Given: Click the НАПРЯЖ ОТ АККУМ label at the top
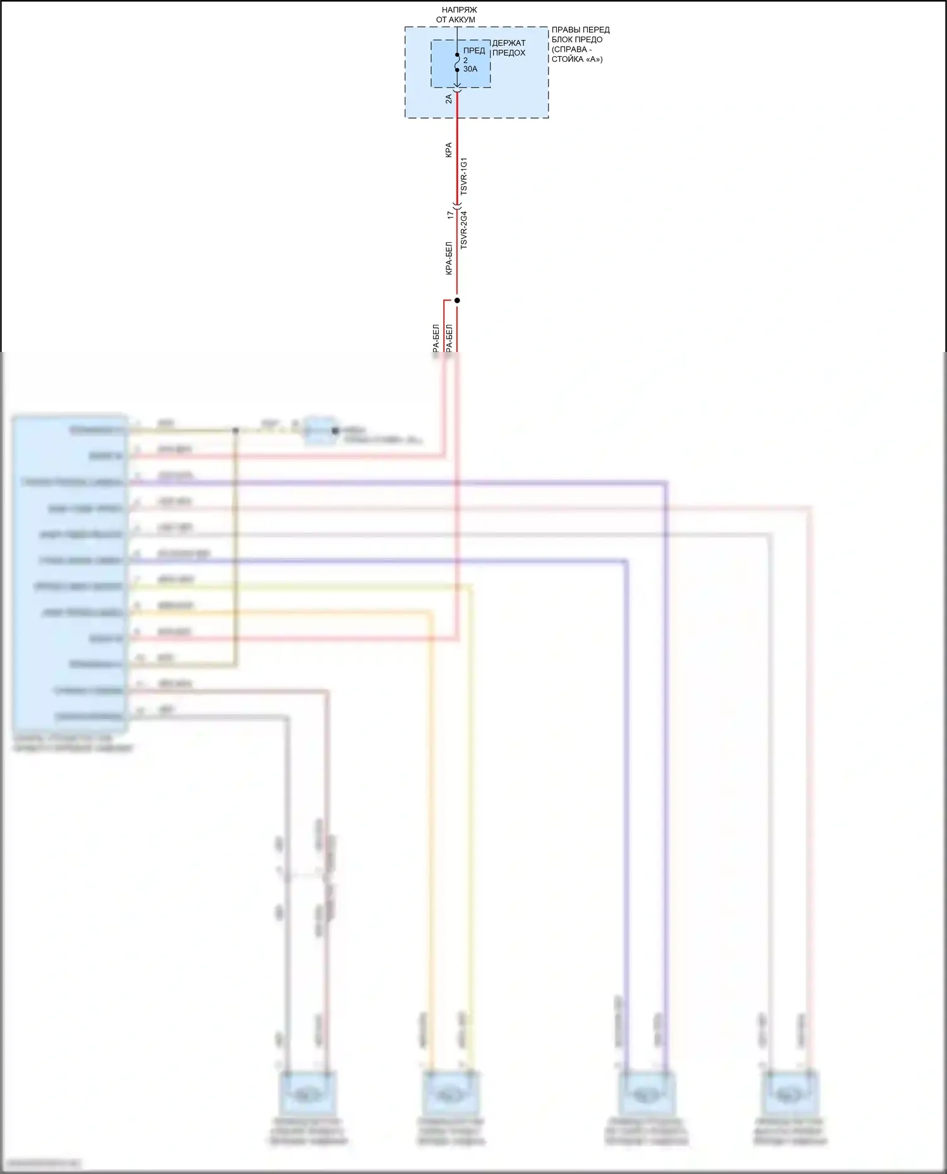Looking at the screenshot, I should pos(456,15).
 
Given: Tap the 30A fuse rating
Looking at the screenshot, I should pos(470,69).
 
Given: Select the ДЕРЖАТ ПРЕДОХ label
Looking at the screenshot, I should pos(509,48).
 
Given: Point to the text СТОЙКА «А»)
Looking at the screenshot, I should pos(577,59).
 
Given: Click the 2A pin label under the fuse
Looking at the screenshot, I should pos(449,99).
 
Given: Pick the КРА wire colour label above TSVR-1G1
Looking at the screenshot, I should pos(449,150).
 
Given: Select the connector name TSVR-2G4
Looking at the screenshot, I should pos(464,230).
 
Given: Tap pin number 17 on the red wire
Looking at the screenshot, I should pos(450,214).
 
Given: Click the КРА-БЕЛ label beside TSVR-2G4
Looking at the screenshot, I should pos(449,258).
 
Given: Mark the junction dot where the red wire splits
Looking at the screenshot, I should pos(457,300).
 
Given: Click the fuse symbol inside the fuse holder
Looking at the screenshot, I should pos(457,62).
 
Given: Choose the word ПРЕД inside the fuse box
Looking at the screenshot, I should pos(474,50).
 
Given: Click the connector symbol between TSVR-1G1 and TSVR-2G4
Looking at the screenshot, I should pos(457,205).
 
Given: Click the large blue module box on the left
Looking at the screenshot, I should pos(70,573).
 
